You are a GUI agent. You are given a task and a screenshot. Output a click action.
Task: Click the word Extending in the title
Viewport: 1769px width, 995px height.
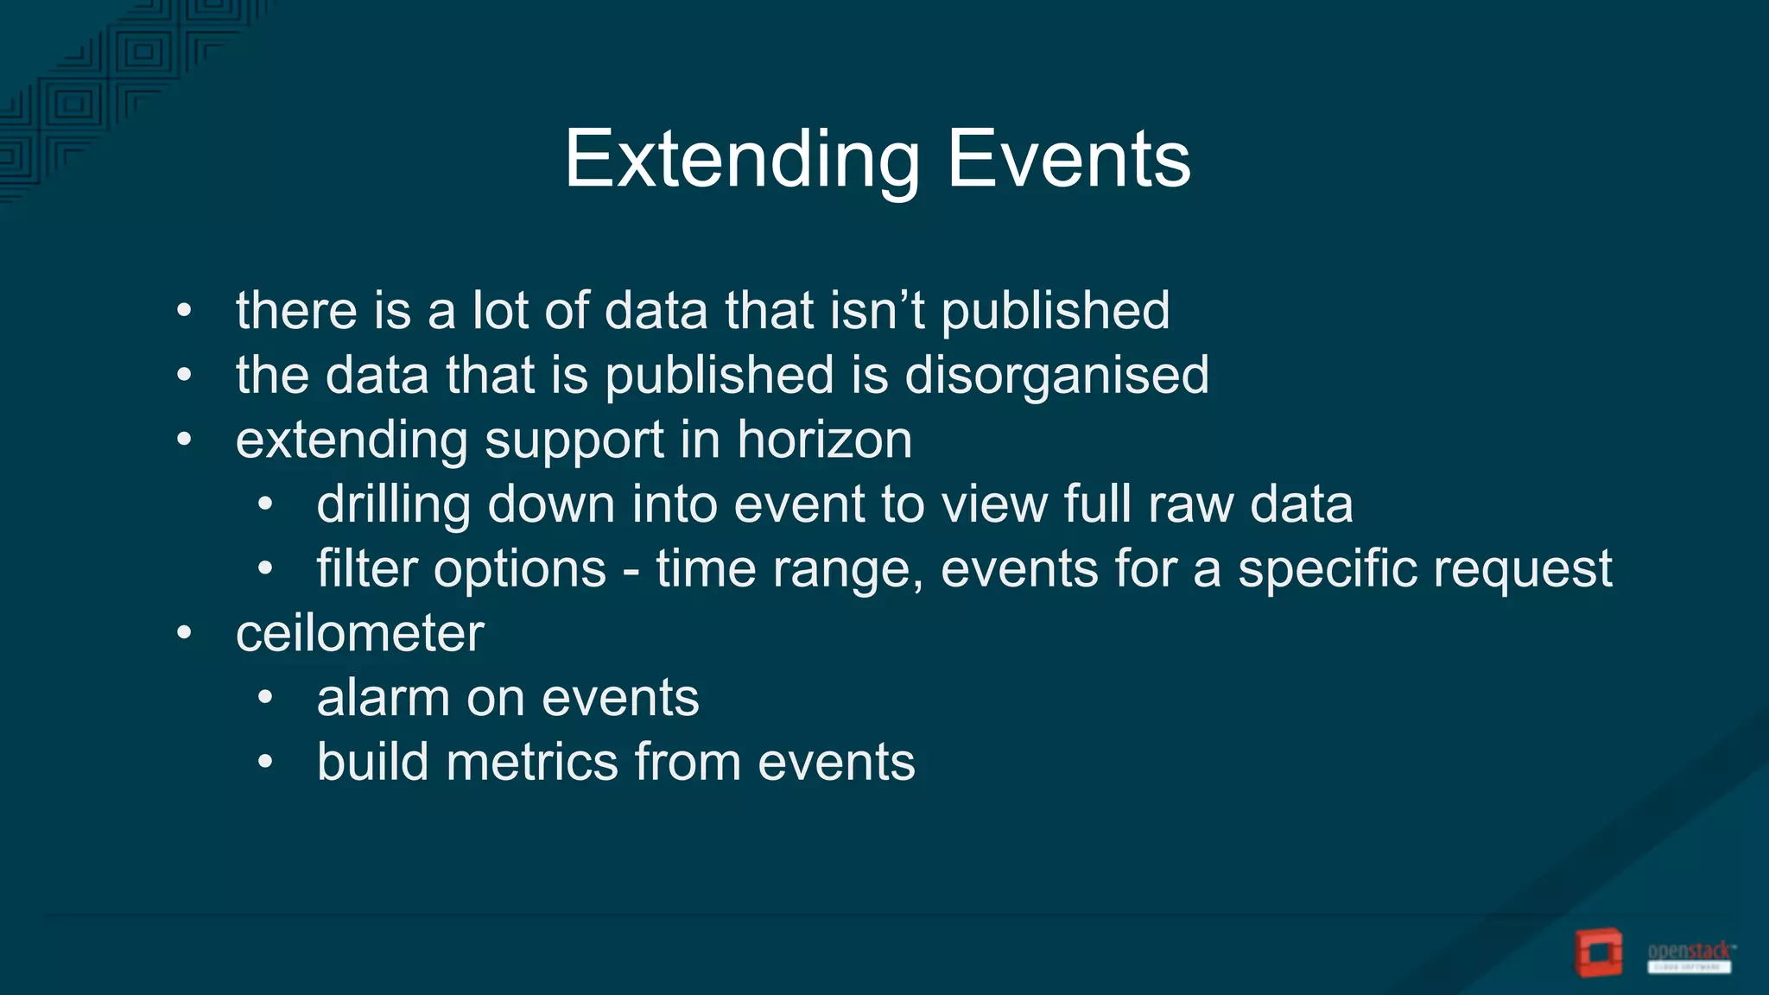[x=742, y=160]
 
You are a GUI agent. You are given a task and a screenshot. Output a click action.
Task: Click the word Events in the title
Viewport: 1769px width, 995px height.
[x=1068, y=160]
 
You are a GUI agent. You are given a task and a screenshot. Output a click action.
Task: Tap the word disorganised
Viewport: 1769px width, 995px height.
[x=1056, y=376]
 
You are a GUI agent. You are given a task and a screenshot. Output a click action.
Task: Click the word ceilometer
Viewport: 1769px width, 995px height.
[x=359, y=634]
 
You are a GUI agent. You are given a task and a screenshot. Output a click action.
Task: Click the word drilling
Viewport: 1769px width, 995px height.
[x=393, y=504]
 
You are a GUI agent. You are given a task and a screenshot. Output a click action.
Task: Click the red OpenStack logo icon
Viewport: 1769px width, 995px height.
[x=1597, y=953]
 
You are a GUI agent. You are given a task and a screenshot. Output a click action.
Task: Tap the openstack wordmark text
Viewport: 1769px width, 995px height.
[x=1689, y=952]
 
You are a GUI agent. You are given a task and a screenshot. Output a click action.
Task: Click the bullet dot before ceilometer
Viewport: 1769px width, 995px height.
[x=183, y=634]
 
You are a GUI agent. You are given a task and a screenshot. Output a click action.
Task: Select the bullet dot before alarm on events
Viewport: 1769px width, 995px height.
[x=265, y=698]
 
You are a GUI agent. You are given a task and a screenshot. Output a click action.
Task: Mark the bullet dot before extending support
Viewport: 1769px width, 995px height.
[x=183, y=440]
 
